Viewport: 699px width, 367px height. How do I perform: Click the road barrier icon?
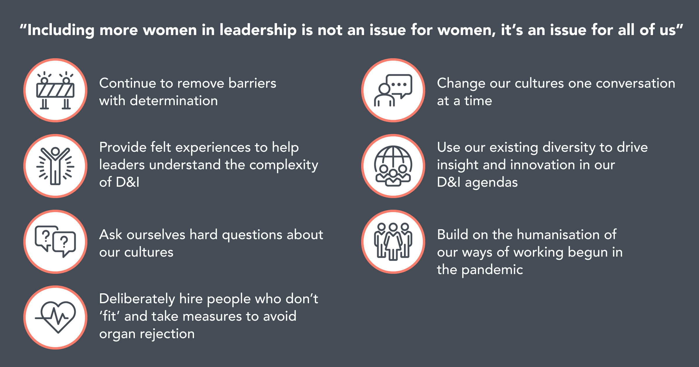click(55, 90)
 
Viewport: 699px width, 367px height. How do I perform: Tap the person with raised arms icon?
click(55, 166)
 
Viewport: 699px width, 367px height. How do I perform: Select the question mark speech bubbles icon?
click(55, 241)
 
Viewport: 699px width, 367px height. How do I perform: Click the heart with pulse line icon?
click(55, 317)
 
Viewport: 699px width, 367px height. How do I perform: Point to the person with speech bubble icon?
click(393, 90)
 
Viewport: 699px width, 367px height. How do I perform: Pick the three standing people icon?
click(393, 241)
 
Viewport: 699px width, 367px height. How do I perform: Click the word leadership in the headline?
click(258, 30)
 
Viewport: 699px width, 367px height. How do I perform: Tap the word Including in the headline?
click(61, 30)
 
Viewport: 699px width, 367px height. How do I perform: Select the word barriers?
click(252, 83)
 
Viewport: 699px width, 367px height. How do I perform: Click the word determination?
click(174, 101)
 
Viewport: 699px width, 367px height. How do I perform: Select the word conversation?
click(636, 83)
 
